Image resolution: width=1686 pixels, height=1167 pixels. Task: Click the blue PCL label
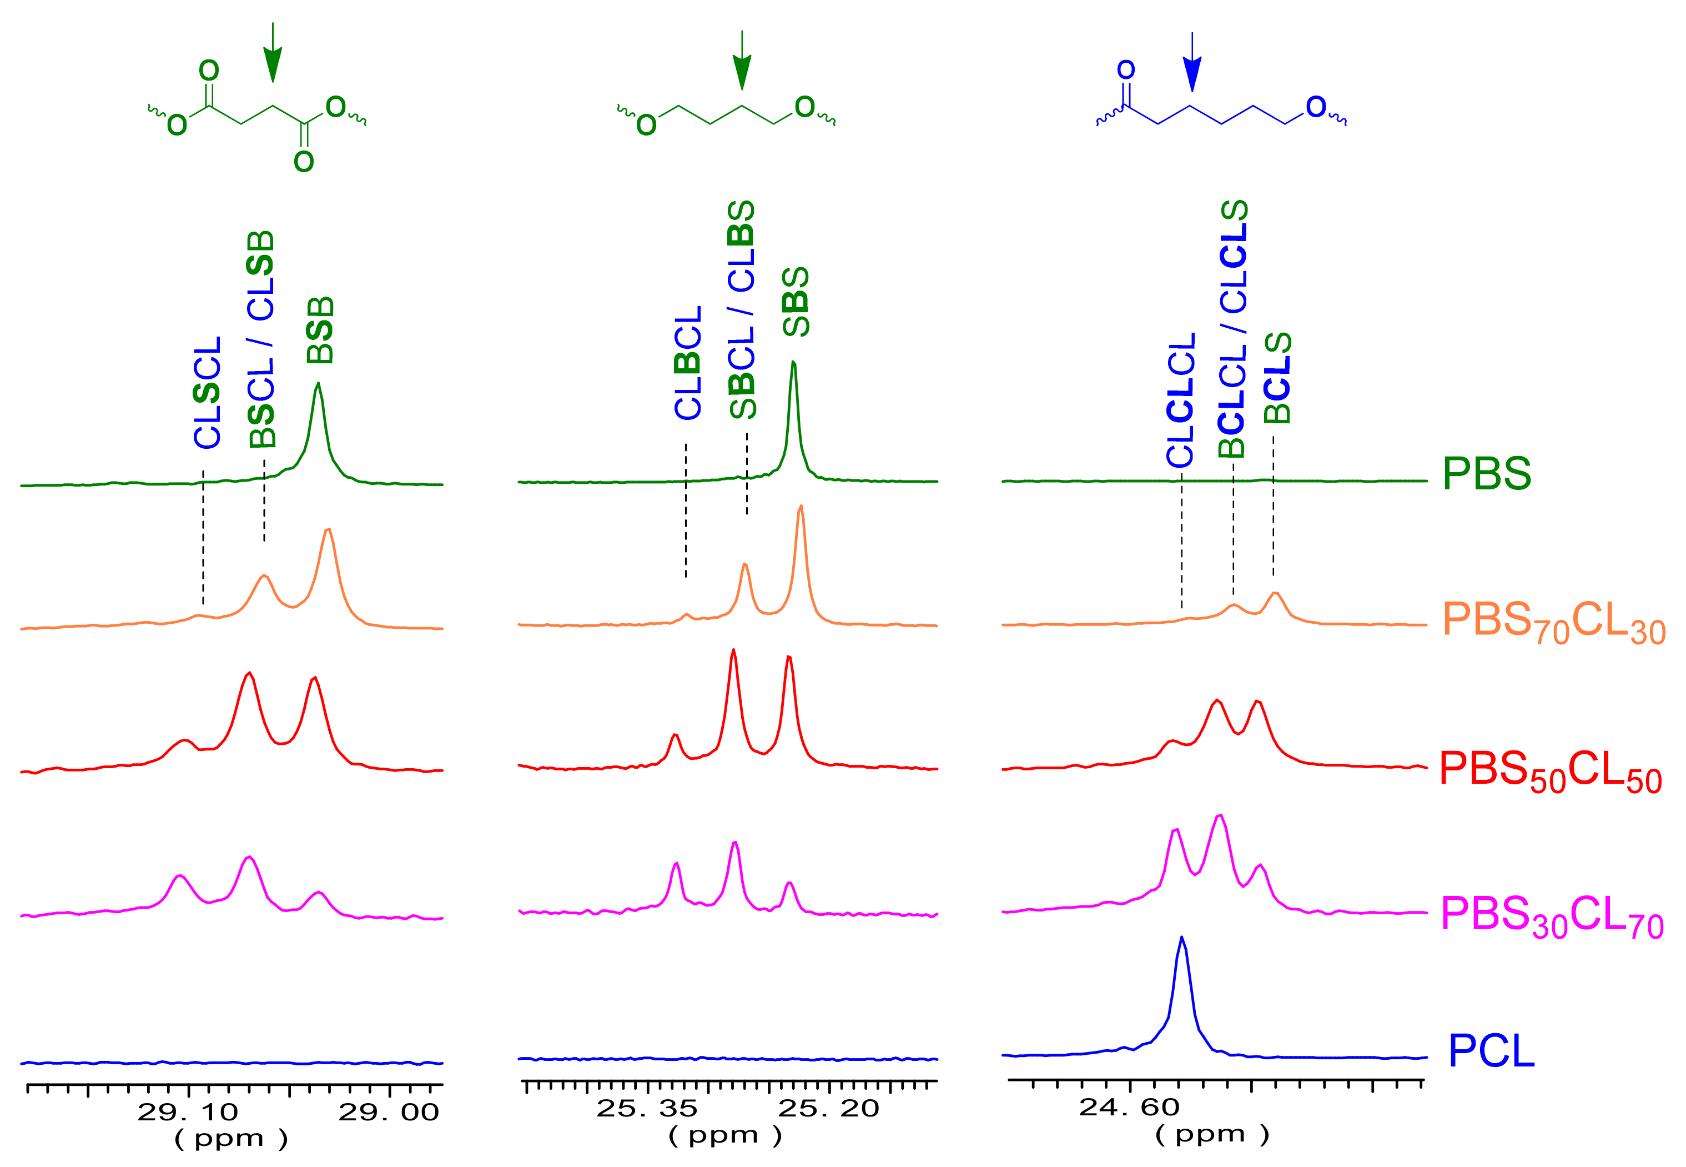(x=1491, y=1051)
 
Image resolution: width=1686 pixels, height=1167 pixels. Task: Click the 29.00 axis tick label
(x=388, y=1112)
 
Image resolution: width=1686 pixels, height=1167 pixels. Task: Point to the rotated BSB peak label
(x=320, y=330)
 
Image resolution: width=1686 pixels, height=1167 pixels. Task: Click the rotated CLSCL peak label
(x=208, y=392)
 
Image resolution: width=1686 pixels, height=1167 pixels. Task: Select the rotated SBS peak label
(x=796, y=302)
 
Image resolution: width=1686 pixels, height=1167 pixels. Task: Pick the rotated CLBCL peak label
(x=688, y=363)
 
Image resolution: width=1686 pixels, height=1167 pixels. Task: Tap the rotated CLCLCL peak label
(x=1180, y=399)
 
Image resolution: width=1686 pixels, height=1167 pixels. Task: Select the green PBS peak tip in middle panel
(x=794, y=363)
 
